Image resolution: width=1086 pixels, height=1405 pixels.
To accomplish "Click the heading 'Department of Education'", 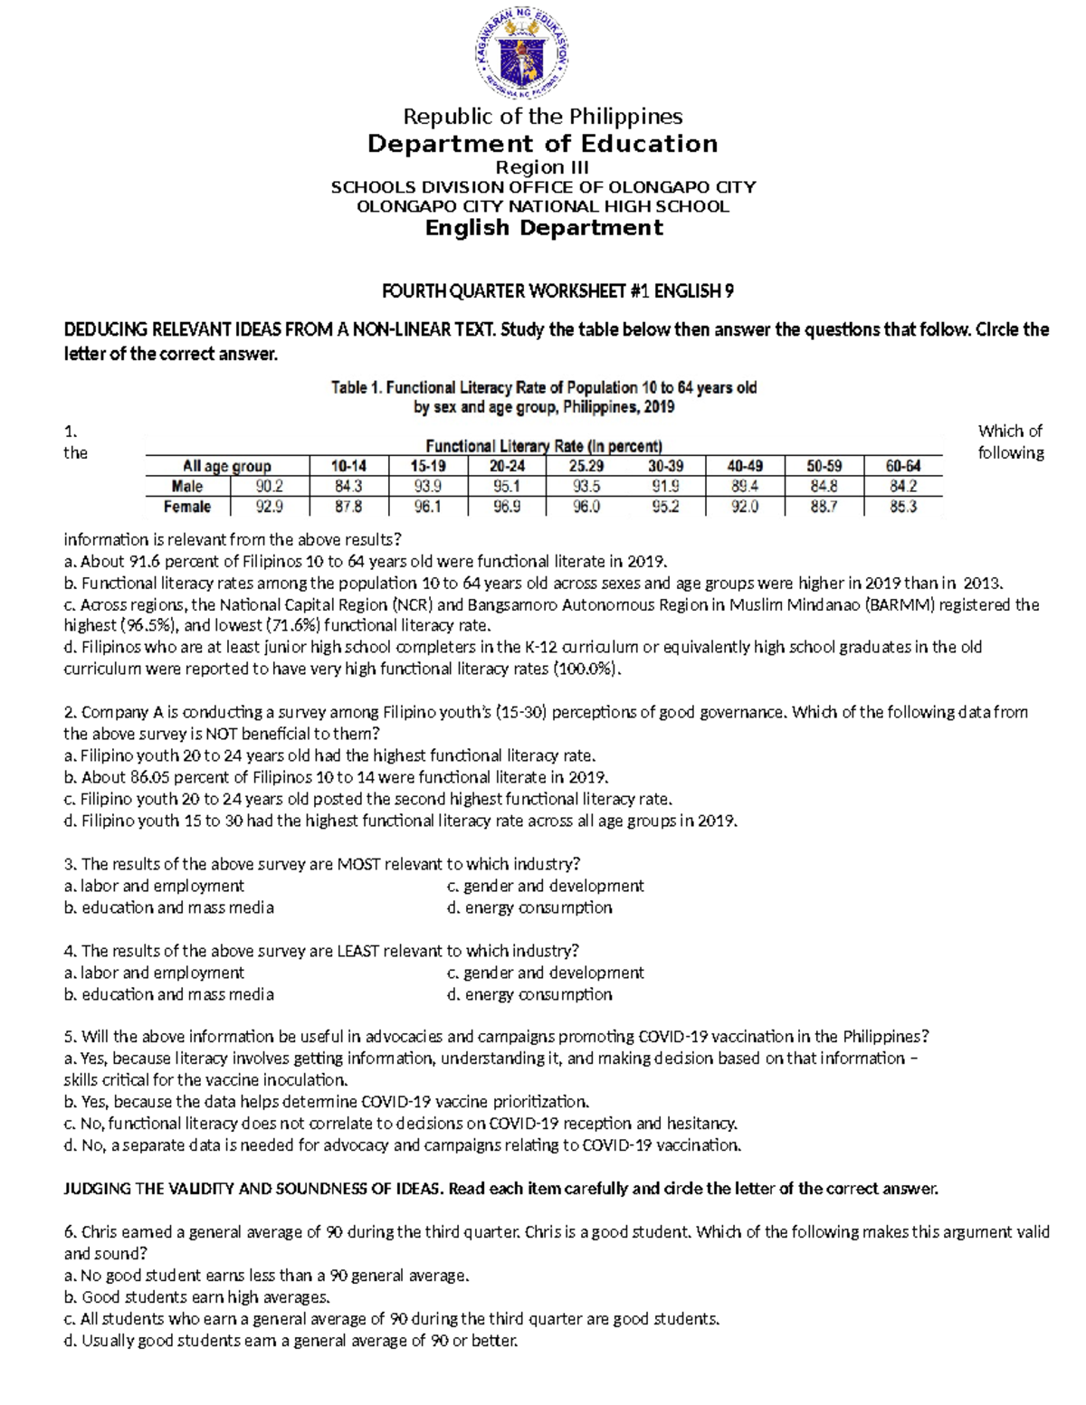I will (x=542, y=144).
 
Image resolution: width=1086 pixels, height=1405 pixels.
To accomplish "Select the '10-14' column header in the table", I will (x=348, y=466).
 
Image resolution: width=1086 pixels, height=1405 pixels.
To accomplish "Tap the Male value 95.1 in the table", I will (x=507, y=486).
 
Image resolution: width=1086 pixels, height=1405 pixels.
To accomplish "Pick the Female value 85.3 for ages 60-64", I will (x=902, y=507).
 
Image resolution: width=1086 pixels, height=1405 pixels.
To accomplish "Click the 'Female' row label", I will (x=187, y=507).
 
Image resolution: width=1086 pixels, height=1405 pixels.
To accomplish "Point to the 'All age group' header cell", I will (x=226, y=466).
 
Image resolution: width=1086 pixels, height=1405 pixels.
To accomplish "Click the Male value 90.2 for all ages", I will (x=269, y=486).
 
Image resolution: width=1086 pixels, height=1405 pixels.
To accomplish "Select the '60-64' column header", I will (x=902, y=466).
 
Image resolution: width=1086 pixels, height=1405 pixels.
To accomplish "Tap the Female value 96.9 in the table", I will (x=507, y=507).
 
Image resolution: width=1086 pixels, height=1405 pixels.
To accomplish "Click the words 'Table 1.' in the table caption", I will (x=357, y=388).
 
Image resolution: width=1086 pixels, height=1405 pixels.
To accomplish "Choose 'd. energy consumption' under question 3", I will (x=529, y=907).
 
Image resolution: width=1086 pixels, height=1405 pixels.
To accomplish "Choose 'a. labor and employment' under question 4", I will (x=154, y=973).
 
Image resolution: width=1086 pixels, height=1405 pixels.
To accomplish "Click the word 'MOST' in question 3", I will (x=358, y=864).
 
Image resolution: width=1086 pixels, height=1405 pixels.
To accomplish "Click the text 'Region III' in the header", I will (x=542, y=167).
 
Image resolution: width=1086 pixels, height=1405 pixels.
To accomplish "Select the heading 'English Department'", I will (x=544, y=228).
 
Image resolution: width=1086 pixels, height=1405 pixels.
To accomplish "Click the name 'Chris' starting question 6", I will (x=100, y=1232).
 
